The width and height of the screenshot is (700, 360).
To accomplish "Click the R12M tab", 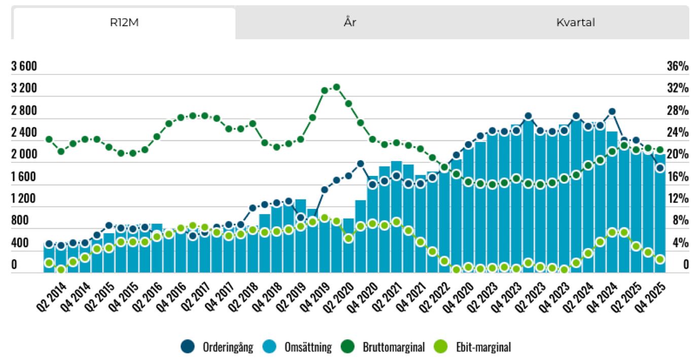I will pos(124,23).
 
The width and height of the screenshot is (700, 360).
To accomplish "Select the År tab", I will pos(350,23).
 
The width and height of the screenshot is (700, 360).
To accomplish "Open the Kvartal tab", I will pos(575,23).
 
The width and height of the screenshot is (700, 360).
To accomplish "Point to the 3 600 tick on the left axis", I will pos(24,67).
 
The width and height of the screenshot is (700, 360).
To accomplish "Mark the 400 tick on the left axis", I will pos(21,243).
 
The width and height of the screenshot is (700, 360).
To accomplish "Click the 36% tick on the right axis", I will pos(678,67).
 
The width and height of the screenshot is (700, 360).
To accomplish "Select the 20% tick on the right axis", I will pos(678,155).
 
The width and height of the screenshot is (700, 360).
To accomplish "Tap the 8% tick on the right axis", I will pos(680,221).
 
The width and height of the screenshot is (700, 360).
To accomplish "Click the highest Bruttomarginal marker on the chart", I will pos(336,87).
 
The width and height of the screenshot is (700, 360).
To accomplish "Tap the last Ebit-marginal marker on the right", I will pos(660,259).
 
